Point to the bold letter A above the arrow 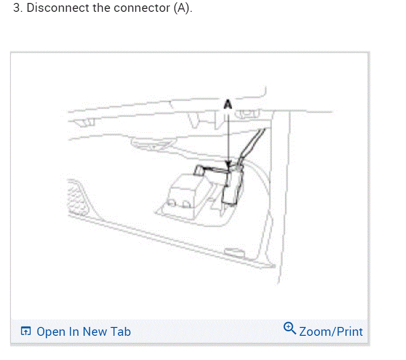pos(228,105)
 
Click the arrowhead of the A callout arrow pos(228,166)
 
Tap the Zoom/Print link pos(331,331)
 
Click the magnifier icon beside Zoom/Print pos(290,328)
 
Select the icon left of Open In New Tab pos(26,331)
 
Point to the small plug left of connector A pos(201,171)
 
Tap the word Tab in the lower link pos(121,331)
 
